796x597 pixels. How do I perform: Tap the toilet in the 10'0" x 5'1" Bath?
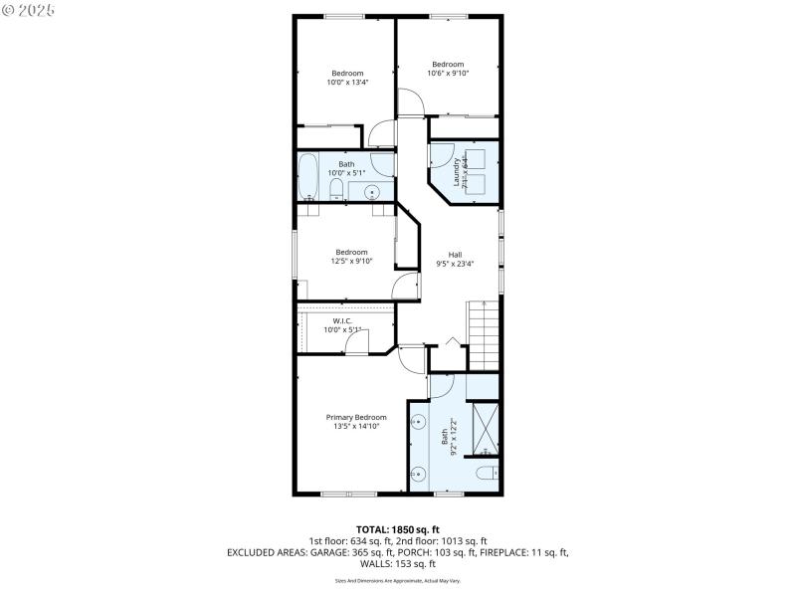(x=336, y=190)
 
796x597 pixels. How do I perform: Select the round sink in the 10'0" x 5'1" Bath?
(x=374, y=191)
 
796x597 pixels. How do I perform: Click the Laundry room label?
(x=458, y=172)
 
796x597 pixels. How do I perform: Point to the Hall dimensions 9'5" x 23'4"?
(x=456, y=264)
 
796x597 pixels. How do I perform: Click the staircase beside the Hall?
(x=483, y=336)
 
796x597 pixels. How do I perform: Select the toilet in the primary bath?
(x=485, y=473)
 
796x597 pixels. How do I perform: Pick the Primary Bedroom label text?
(x=356, y=417)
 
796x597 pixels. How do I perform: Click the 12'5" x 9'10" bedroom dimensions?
(x=352, y=262)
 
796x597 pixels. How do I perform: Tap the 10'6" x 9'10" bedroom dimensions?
(x=448, y=73)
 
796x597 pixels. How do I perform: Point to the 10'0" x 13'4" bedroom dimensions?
(x=347, y=82)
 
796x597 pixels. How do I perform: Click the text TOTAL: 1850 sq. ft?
(x=397, y=528)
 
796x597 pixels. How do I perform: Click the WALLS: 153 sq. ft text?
(x=397, y=564)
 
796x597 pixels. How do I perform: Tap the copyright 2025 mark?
(x=29, y=9)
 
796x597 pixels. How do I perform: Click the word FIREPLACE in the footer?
(x=505, y=552)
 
